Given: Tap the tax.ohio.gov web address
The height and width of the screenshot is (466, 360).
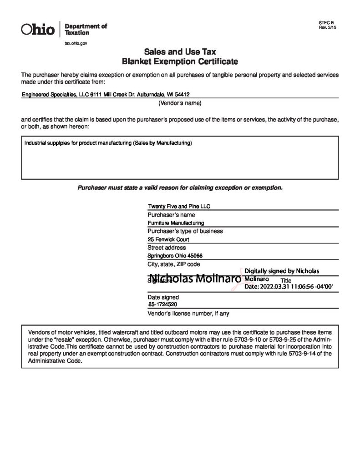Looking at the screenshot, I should [76, 42].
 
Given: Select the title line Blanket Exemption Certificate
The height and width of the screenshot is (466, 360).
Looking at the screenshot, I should [180, 61].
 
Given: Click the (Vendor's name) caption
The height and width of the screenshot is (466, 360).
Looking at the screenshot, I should [180, 103].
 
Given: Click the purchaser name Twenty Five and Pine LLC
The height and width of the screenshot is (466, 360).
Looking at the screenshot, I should [179, 206].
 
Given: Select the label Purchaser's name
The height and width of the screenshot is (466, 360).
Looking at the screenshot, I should [171, 214].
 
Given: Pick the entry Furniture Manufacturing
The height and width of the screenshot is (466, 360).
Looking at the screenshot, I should [176, 223].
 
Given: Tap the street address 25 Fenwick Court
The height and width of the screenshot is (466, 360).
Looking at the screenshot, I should [168, 239].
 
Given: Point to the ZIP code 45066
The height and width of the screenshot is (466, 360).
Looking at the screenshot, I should [193, 256].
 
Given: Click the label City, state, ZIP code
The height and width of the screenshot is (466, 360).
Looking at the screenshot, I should [173, 264].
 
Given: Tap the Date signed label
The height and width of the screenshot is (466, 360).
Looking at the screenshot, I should [163, 297].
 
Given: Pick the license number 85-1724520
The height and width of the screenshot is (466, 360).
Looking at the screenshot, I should [162, 305].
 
